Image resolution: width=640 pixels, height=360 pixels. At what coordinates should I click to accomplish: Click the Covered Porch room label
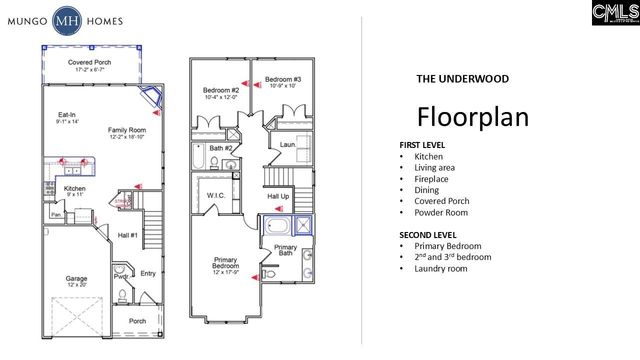(x=90, y=62)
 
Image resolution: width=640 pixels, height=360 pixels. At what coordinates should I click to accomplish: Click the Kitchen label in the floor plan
(x=76, y=188)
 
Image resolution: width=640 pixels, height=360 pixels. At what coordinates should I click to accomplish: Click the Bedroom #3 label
(x=283, y=79)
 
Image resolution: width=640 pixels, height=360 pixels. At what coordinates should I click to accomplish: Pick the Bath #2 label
(x=222, y=148)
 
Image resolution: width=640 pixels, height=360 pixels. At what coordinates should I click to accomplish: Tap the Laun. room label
(x=288, y=145)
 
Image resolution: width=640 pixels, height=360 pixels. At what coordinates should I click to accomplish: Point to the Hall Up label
(x=278, y=196)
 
